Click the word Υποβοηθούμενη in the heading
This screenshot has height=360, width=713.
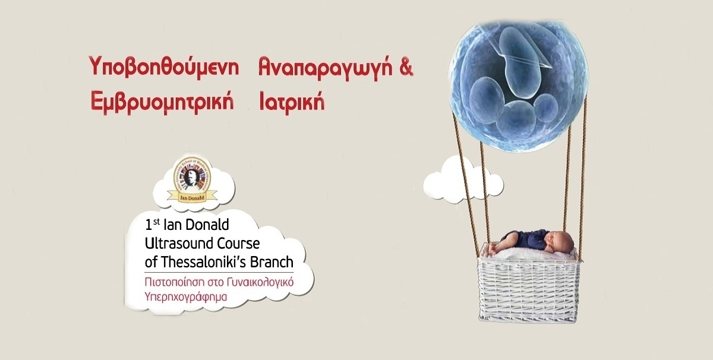click(166, 67)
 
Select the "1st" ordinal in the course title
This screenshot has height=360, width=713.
click(152, 226)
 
